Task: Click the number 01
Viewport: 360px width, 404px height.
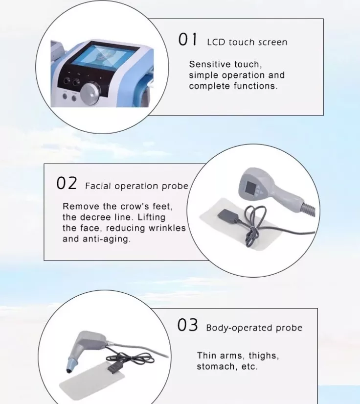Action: tap(188, 40)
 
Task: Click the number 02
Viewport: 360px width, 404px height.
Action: tap(67, 183)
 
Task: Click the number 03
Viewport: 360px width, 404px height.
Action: tap(187, 325)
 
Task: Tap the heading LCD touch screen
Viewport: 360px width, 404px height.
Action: tap(247, 42)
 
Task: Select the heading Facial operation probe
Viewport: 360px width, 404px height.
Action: tap(136, 186)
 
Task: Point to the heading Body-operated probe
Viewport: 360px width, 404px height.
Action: tap(254, 328)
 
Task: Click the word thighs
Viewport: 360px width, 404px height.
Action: tap(264, 356)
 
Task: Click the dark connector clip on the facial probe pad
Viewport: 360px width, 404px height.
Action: tap(227, 216)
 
